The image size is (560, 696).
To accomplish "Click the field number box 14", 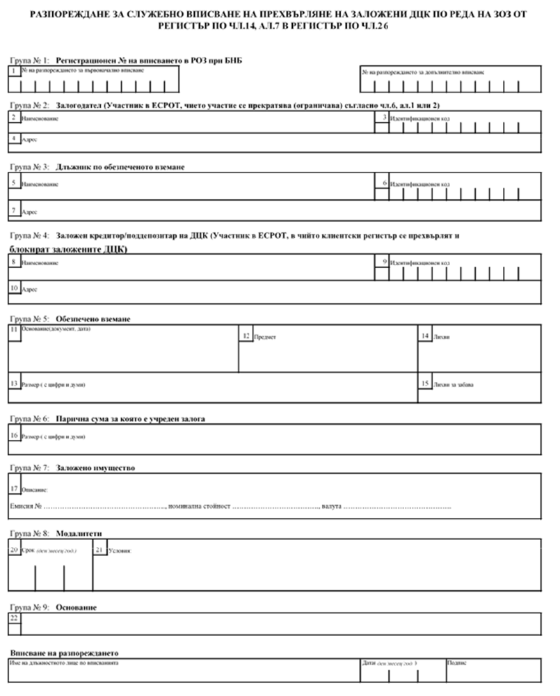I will [x=425, y=336].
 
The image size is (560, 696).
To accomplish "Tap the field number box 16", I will [x=15, y=436].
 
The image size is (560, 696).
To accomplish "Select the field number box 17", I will [x=15, y=489].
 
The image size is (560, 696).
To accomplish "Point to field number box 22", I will [x=15, y=618].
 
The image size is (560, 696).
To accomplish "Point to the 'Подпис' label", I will [x=457, y=663].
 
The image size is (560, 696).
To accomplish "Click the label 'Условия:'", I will [x=120, y=551].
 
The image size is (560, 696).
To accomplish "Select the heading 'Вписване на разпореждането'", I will [x=65, y=654].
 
